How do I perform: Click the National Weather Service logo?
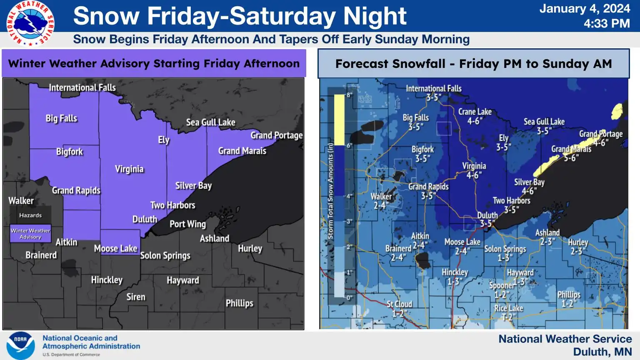click(30, 23)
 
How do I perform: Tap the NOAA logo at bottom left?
click(20, 345)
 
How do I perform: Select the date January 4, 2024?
click(585, 9)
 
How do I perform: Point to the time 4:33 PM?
click(606, 24)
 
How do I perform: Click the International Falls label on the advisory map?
click(82, 87)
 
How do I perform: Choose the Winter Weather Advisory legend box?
click(30, 234)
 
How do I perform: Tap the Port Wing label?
click(187, 224)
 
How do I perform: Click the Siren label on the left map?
click(136, 297)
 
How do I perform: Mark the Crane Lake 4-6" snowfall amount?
click(475, 121)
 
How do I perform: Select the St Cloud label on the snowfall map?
click(399, 304)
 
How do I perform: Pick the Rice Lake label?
click(508, 308)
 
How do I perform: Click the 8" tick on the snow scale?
click(349, 95)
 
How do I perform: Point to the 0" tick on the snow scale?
click(349, 298)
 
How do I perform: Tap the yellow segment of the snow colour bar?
click(339, 120)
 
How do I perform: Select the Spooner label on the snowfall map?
click(502, 285)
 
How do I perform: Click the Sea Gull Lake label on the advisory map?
click(210, 122)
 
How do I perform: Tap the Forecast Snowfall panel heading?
click(473, 64)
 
